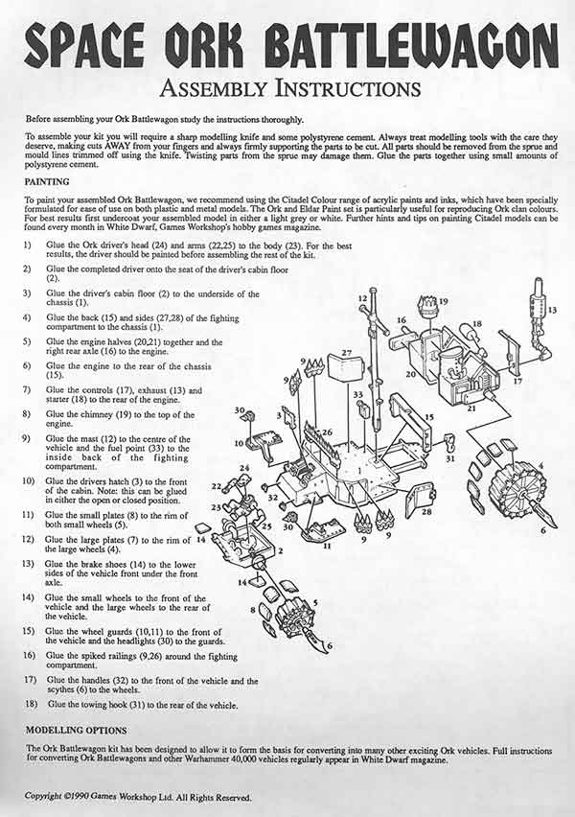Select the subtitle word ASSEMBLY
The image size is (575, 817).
[x=214, y=88]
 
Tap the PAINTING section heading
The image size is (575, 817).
[x=47, y=182]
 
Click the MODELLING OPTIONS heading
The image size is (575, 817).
[x=76, y=730]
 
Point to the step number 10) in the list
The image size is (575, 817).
[x=28, y=480]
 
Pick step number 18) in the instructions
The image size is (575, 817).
[x=29, y=704]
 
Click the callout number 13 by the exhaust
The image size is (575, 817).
[x=552, y=310]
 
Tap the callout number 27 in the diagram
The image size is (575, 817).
[x=347, y=353]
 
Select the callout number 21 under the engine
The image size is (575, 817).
[x=471, y=408]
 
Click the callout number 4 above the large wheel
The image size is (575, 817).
[x=540, y=465]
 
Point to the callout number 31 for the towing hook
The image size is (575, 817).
[x=451, y=458]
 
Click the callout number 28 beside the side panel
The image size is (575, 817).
[x=426, y=512]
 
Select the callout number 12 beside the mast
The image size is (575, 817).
[x=362, y=298]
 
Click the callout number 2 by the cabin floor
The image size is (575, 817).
[x=281, y=550]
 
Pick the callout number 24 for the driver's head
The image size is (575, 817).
[x=244, y=468]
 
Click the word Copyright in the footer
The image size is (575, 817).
[x=43, y=796]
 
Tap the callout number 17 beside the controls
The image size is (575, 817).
[x=517, y=381]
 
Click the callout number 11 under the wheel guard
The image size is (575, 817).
[x=327, y=546]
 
